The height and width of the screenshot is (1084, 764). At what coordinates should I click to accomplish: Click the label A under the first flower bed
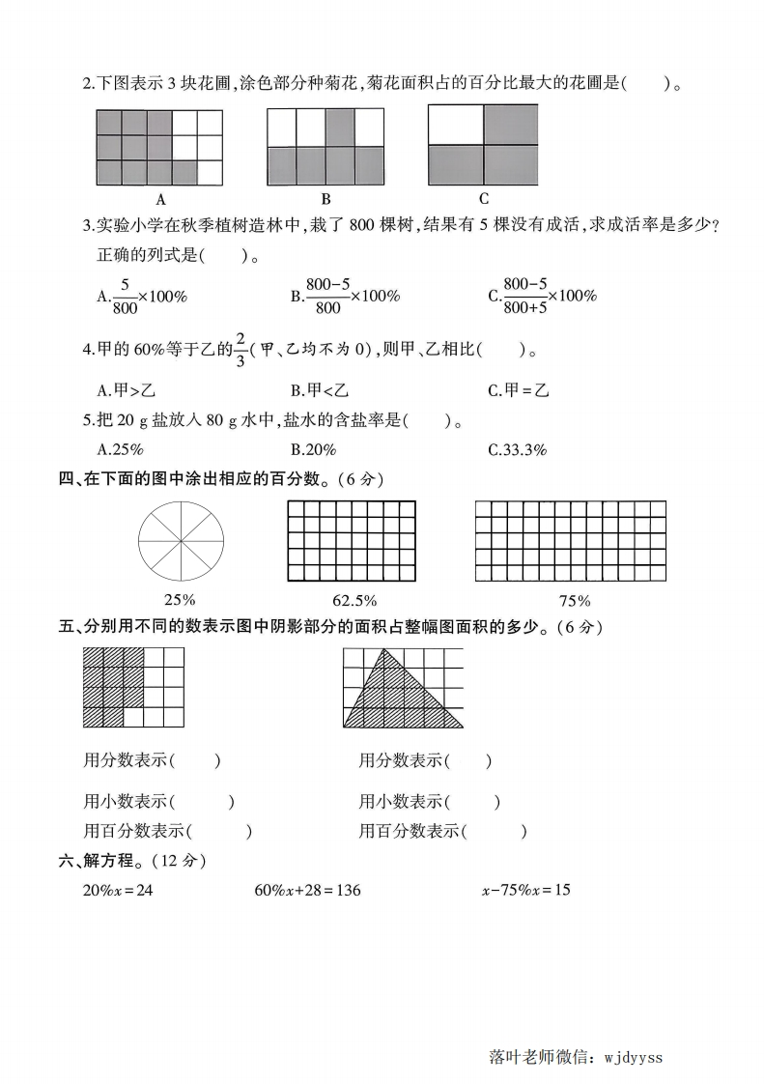160,200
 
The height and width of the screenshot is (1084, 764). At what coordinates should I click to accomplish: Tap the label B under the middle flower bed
325,200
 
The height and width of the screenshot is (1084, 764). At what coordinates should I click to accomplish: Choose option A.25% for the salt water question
121,449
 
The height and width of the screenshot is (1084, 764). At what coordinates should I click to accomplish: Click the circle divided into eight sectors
181,541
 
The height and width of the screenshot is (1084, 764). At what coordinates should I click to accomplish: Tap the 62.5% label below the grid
351,600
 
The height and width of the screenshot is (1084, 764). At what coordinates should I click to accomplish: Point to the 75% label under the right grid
570,600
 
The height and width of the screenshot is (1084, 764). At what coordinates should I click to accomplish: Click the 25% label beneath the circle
181,600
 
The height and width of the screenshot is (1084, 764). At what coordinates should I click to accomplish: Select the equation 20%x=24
119,890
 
